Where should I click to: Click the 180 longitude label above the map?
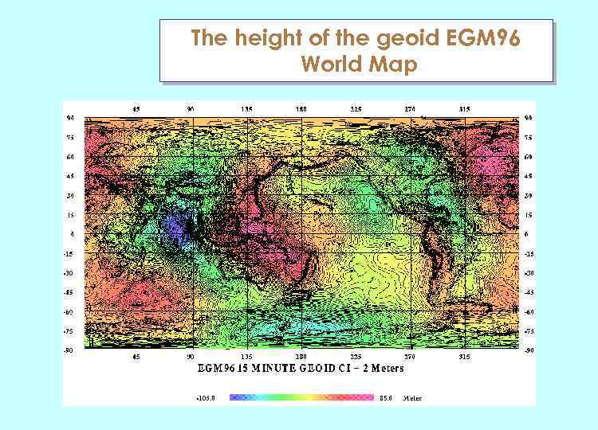(x=301, y=109)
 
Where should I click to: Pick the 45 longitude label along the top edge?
(x=136, y=109)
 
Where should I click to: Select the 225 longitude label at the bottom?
(x=356, y=358)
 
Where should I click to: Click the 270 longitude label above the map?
(x=411, y=109)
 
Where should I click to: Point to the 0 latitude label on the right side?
(x=525, y=234)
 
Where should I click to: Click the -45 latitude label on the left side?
(x=70, y=292)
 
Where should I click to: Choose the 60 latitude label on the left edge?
(x=71, y=156)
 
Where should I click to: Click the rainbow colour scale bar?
(x=301, y=397)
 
